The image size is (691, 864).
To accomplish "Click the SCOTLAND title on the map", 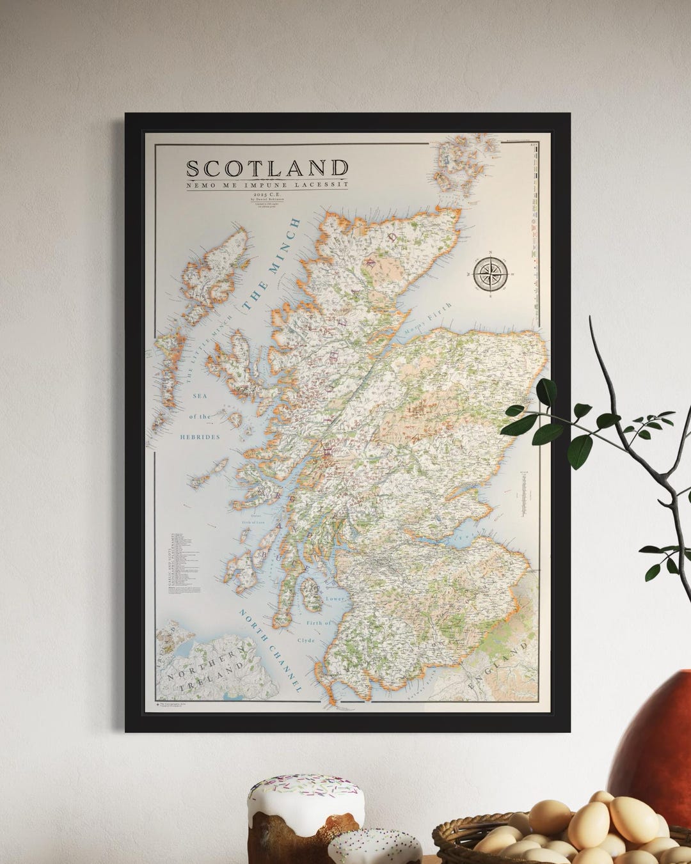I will point(267,168).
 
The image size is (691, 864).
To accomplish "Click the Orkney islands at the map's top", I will point(464,164).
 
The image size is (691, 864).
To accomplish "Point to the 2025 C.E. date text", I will point(267,192).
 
